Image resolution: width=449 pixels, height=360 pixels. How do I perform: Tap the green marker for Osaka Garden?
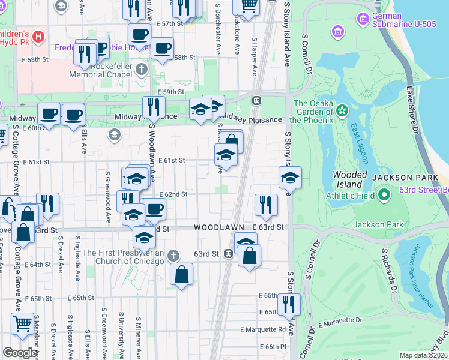[x=342, y=111]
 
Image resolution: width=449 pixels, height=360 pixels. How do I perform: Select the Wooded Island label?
[x=349, y=179]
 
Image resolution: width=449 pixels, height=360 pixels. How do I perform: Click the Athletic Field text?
[x=349, y=196]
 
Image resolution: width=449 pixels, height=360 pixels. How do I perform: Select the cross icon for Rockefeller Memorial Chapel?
[x=141, y=68]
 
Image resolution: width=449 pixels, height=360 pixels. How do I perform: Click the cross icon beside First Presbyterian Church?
[x=173, y=256]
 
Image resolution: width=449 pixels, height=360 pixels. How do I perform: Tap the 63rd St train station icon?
[x=228, y=254]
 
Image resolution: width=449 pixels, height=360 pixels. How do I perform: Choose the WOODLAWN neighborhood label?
[x=218, y=228]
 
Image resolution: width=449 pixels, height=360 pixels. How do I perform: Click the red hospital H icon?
[x=39, y=37]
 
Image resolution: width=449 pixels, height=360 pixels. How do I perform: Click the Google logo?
[x=20, y=352]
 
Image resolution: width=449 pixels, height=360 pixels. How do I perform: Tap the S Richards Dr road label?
[x=387, y=264]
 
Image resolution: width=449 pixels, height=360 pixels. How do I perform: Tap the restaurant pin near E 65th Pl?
[x=289, y=305]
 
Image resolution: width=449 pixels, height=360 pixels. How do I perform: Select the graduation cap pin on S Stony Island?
[x=290, y=178]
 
